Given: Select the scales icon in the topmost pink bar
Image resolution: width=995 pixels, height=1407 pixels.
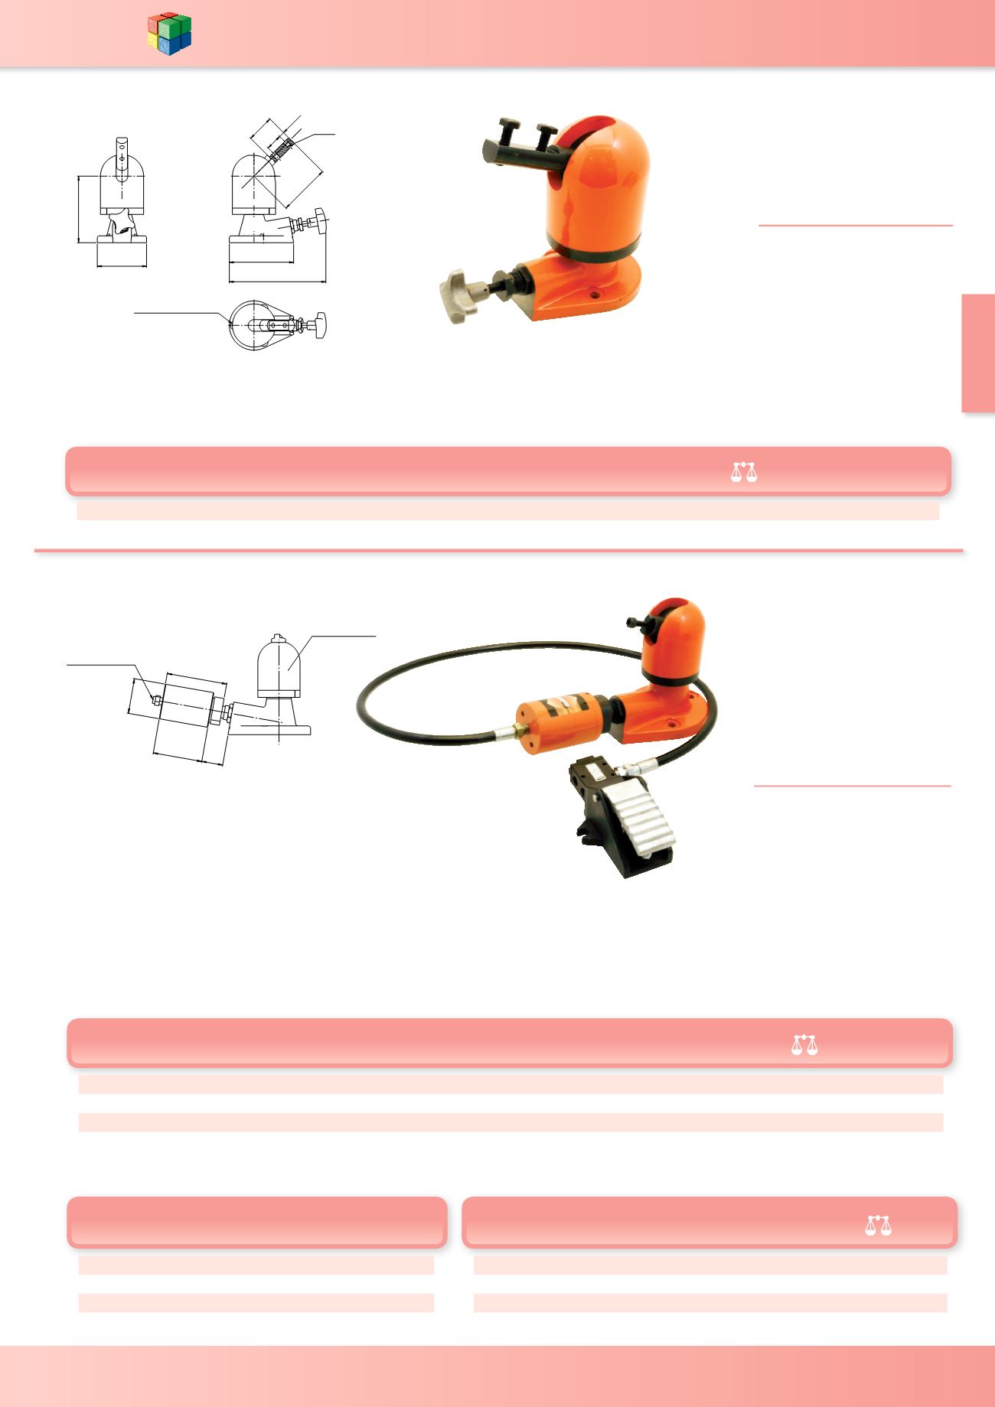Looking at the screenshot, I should [x=743, y=471].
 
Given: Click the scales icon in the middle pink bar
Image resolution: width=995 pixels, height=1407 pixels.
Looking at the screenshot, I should [x=804, y=1044].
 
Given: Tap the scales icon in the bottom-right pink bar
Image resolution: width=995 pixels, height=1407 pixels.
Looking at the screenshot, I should [x=879, y=1225].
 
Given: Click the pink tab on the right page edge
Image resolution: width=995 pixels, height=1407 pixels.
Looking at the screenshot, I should [x=978, y=353].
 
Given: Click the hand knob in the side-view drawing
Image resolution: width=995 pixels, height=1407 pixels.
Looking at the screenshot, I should [x=321, y=220].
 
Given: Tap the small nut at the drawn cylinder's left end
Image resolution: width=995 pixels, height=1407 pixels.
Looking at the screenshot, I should [x=155, y=699].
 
